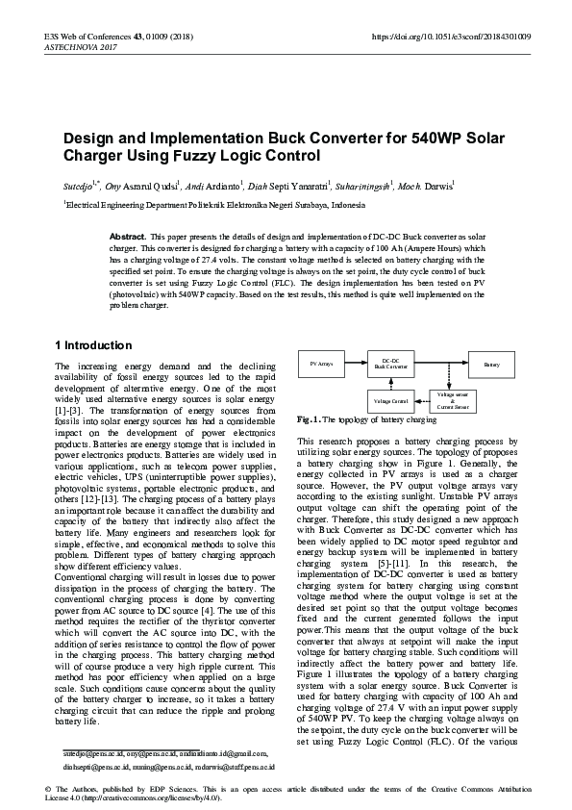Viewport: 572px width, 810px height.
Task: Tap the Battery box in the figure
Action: click(492, 365)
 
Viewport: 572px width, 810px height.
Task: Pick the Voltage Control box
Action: click(391, 400)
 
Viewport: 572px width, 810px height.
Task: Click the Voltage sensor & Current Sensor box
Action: click(453, 401)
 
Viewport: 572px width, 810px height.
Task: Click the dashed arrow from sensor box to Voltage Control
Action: click(422, 400)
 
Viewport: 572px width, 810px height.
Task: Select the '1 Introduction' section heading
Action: click(93, 345)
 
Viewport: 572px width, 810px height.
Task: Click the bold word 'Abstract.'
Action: click(128, 236)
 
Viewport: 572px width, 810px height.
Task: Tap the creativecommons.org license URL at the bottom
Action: click(152, 798)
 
